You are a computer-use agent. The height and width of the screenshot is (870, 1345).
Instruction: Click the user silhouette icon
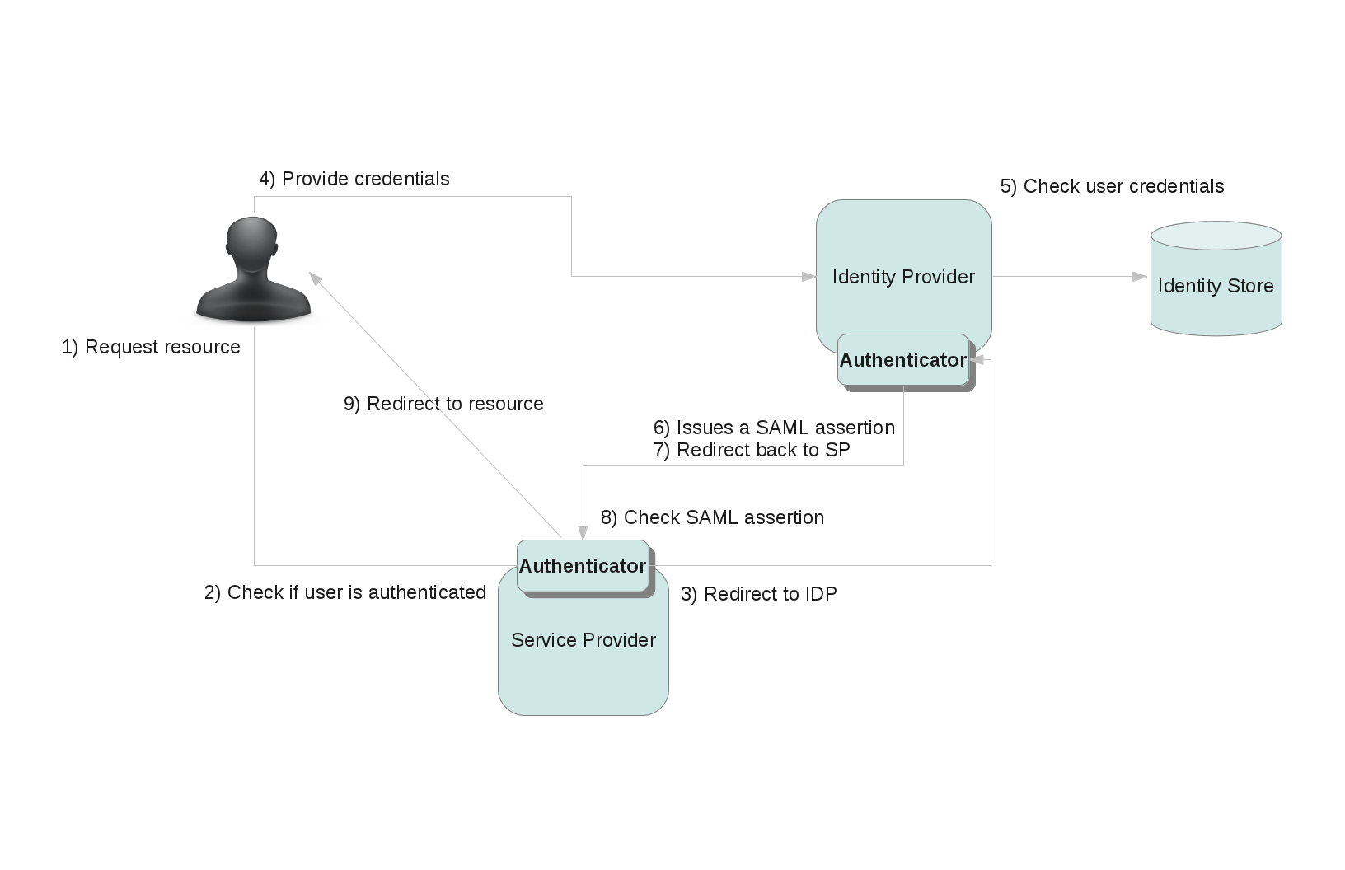pos(254,269)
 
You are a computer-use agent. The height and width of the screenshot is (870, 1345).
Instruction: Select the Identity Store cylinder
pos(1216,279)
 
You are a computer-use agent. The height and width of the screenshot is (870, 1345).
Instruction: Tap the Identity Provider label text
pos(903,277)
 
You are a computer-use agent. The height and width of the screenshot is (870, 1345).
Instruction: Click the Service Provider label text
pos(583,640)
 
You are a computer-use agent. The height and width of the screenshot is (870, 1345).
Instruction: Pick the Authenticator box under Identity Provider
pos(903,360)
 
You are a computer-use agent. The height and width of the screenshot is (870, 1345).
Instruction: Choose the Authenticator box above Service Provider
pos(583,566)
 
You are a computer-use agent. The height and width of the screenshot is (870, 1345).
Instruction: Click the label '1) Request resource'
pos(151,347)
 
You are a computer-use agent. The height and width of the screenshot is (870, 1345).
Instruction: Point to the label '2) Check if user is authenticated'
pos(345,592)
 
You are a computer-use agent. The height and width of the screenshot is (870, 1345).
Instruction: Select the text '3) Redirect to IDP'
pos(758,594)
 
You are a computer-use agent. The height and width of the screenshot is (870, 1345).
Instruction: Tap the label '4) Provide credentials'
pos(354,179)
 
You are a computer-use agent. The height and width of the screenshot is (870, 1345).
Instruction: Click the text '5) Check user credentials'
pos(1112,186)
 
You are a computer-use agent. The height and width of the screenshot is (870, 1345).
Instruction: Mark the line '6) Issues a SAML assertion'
pos(774,428)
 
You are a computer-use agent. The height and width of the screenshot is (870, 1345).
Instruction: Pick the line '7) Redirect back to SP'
pos(752,450)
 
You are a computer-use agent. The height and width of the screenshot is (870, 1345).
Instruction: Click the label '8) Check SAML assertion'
pos(712,517)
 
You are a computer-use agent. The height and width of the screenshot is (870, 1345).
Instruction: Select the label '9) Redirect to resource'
pos(443,404)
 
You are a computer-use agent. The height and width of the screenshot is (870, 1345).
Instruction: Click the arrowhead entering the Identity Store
pos(1141,277)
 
